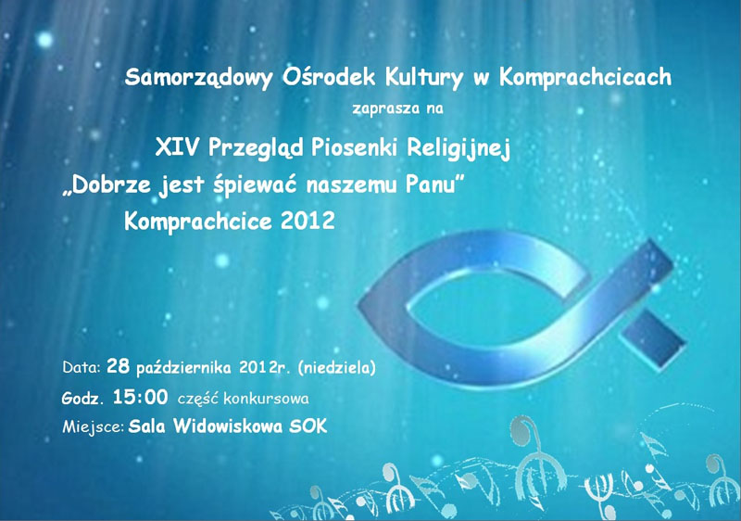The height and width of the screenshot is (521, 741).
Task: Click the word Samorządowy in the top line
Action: (198, 78)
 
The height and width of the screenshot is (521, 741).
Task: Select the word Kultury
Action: (424, 78)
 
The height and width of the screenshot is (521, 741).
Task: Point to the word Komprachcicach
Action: (585, 78)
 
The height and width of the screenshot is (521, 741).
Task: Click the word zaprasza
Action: (386, 108)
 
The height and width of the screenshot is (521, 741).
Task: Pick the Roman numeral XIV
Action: (177, 147)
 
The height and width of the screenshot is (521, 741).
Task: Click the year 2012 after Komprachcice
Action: (308, 221)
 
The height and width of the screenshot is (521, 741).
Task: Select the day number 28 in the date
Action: (119, 366)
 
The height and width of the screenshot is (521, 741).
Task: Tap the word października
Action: (183, 368)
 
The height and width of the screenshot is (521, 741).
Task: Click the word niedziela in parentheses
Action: (337, 368)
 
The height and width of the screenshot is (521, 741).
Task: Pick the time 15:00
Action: (141, 397)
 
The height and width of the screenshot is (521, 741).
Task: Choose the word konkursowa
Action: (267, 399)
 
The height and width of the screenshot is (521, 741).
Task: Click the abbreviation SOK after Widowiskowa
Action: (308, 426)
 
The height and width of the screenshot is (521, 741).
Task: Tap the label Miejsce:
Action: (94, 427)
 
